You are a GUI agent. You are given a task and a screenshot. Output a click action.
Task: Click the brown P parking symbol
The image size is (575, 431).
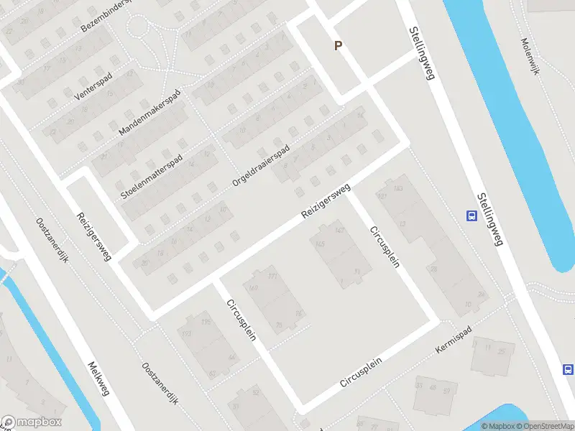[x=338, y=45]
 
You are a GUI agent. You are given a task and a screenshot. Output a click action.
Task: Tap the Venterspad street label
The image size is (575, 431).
[x=94, y=85]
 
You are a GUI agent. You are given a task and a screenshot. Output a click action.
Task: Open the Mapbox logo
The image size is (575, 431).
[x=32, y=422]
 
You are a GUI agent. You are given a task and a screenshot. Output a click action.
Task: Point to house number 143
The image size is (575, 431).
[x=399, y=188]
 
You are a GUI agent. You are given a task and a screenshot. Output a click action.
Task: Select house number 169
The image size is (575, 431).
[x=252, y=288]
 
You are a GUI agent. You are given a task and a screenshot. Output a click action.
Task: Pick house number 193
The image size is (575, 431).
[x=187, y=335]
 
